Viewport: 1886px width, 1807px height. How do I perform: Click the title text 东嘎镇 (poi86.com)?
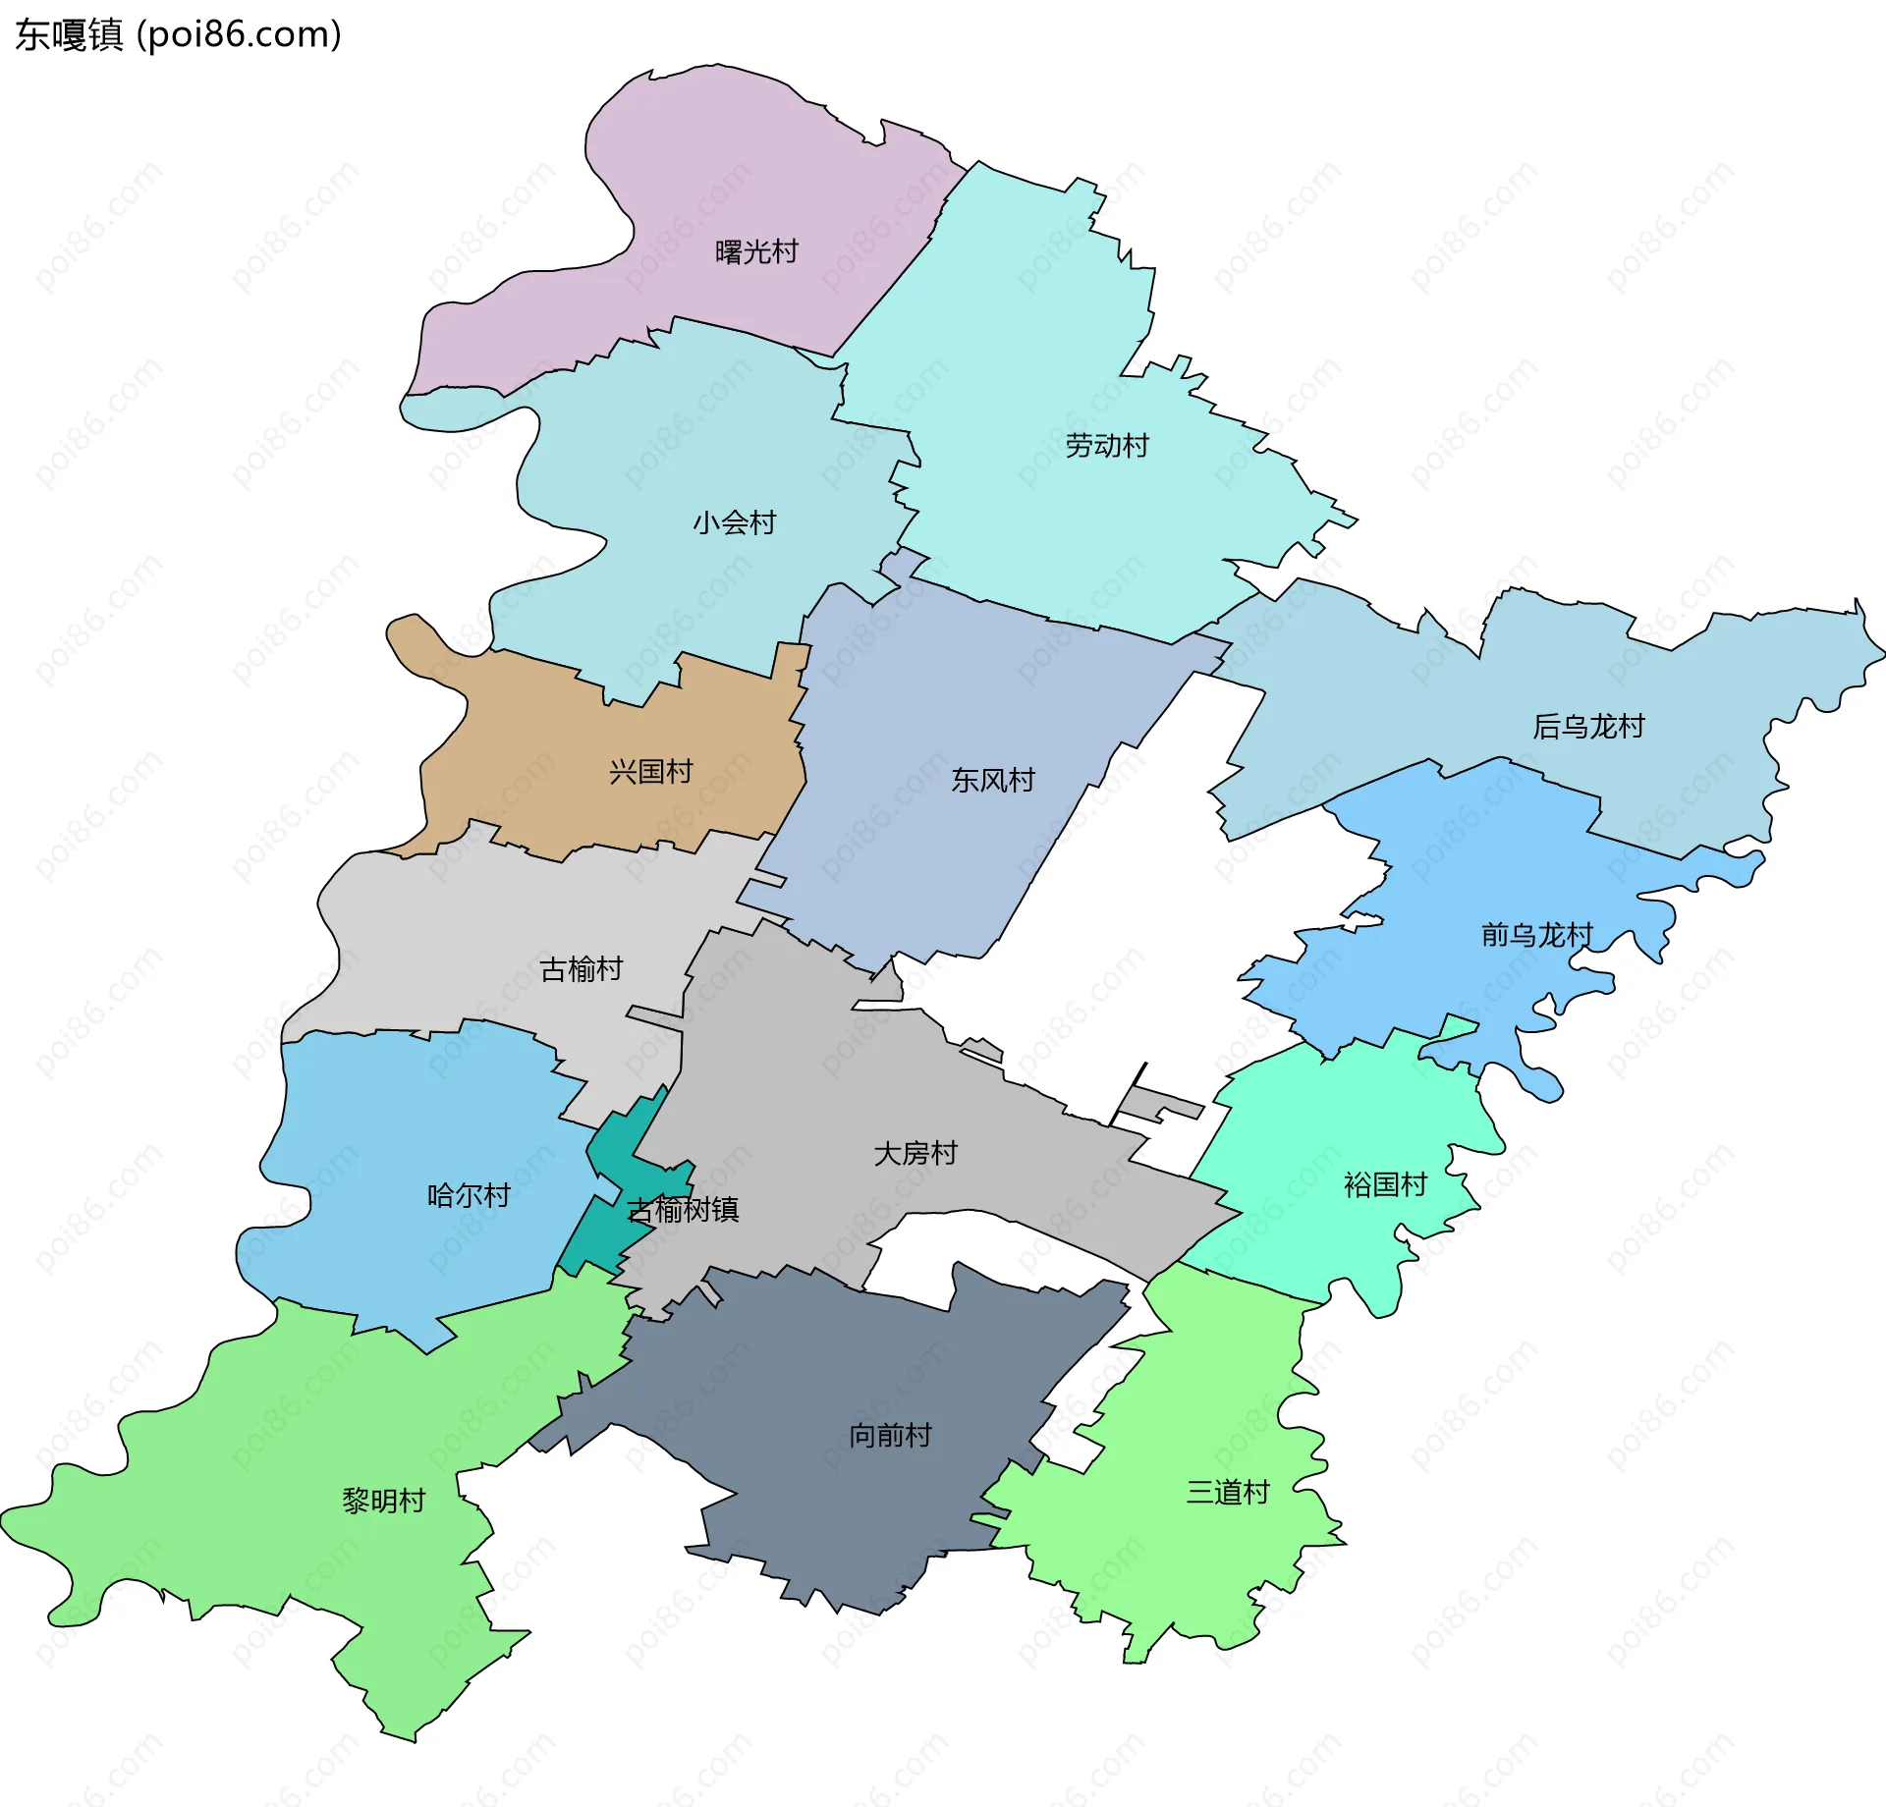pyautogui.click(x=178, y=34)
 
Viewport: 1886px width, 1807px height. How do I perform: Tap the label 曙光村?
pyautogui.click(x=756, y=252)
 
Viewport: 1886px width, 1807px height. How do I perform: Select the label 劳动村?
pyautogui.click(x=1107, y=446)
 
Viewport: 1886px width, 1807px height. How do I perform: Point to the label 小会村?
pyautogui.click(x=734, y=522)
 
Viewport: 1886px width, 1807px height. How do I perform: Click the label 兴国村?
pyautogui.click(x=650, y=772)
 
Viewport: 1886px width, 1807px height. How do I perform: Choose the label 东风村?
pyautogui.click(x=992, y=781)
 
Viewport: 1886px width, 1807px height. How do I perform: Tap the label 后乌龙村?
pyautogui.click(x=1587, y=727)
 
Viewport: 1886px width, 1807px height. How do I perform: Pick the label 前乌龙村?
pyautogui.click(x=1536, y=935)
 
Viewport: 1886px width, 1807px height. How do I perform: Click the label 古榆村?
pyautogui.click(x=581, y=970)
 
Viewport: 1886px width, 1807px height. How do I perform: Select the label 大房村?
pyautogui.click(x=915, y=1153)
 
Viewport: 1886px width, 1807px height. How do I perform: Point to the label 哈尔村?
pyautogui.click(x=469, y=1195)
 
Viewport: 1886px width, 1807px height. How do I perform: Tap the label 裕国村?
pyautogui.click(x=1384, y=1185)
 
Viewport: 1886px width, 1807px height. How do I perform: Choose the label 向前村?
pyautogui.click(x=890, y=1436)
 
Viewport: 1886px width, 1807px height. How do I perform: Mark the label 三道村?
pyautogui.click(x=1228, y=1493)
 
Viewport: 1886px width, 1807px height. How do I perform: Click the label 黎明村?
pyautogui.click(x=383, y=1501)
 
